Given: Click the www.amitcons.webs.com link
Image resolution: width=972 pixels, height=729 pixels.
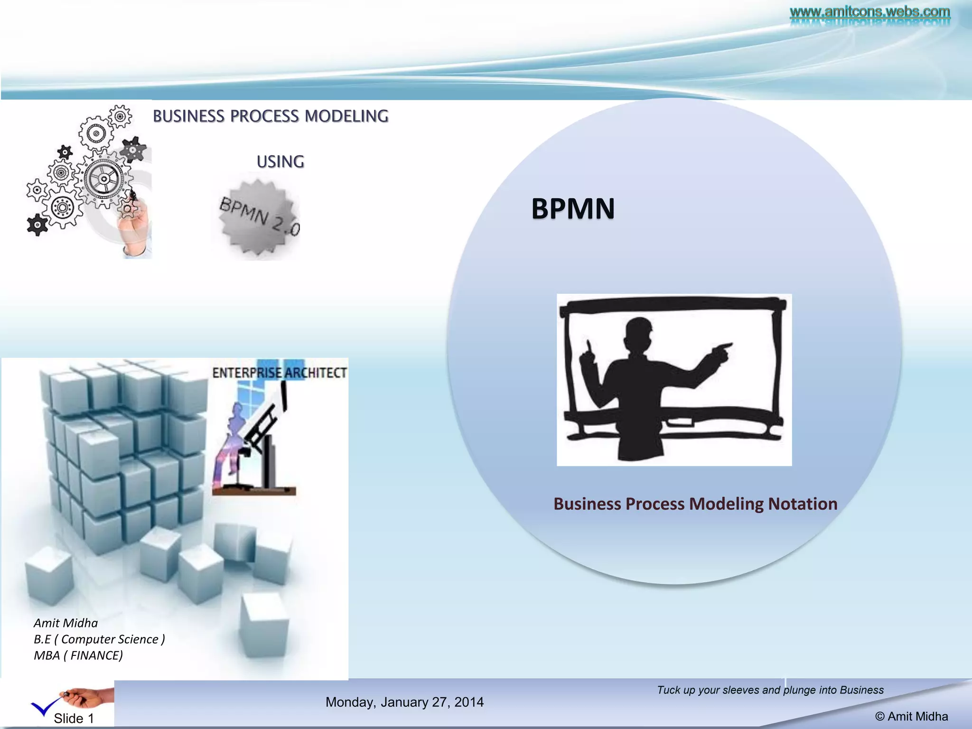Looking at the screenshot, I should [869, 11].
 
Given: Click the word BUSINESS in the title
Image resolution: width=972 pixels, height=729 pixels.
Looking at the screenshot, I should [188, 116].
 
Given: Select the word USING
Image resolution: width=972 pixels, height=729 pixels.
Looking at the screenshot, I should [280, 162].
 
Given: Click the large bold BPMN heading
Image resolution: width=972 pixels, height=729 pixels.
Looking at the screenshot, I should [573, 209].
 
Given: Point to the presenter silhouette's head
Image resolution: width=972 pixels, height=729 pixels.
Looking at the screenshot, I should [638, 332].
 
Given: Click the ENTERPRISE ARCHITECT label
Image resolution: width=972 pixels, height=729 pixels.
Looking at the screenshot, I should [280, 373].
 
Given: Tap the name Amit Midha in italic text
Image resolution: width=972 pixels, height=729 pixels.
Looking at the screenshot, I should [65, 623].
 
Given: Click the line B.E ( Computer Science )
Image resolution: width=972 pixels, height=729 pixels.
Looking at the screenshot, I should [99, 639].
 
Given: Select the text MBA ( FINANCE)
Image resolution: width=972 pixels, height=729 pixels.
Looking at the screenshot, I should [78, 655].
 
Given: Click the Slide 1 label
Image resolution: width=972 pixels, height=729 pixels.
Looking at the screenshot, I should [74, 718].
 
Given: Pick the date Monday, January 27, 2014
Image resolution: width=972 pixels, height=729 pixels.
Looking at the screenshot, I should [404, 702].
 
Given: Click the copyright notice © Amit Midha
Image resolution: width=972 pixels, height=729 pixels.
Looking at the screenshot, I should [911, 716].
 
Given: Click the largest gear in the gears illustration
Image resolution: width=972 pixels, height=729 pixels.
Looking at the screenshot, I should [103, 179].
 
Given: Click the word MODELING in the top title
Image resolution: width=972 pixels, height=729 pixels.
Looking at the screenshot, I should [346, 116].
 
